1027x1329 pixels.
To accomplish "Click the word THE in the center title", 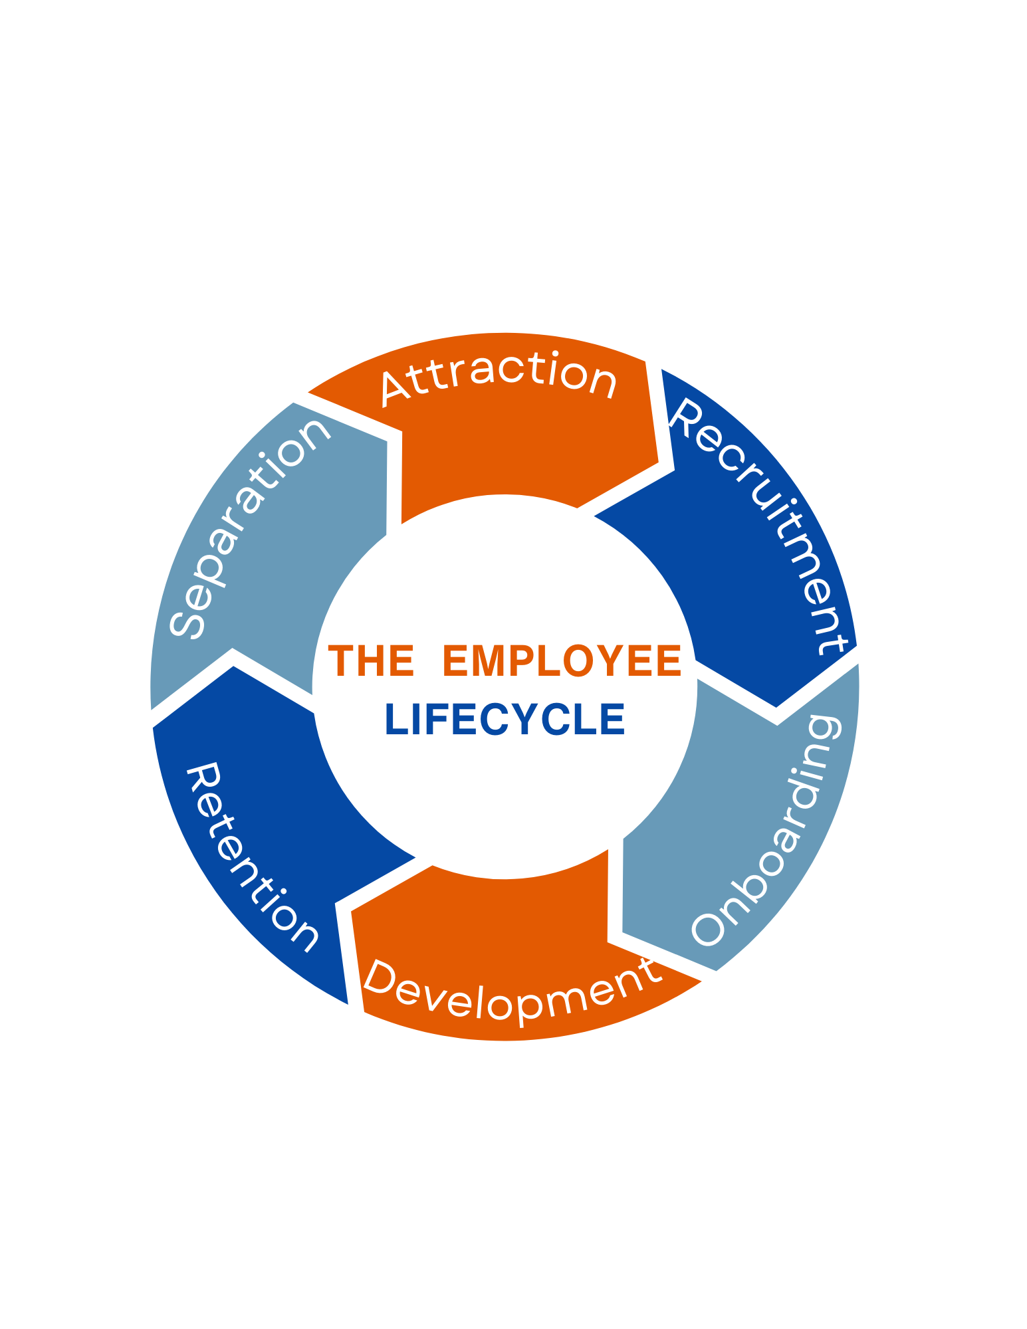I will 370,661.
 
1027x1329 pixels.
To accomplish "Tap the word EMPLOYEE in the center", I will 562,661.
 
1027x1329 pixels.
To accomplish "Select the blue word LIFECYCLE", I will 505,720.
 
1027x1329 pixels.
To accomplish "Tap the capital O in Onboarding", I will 708,928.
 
